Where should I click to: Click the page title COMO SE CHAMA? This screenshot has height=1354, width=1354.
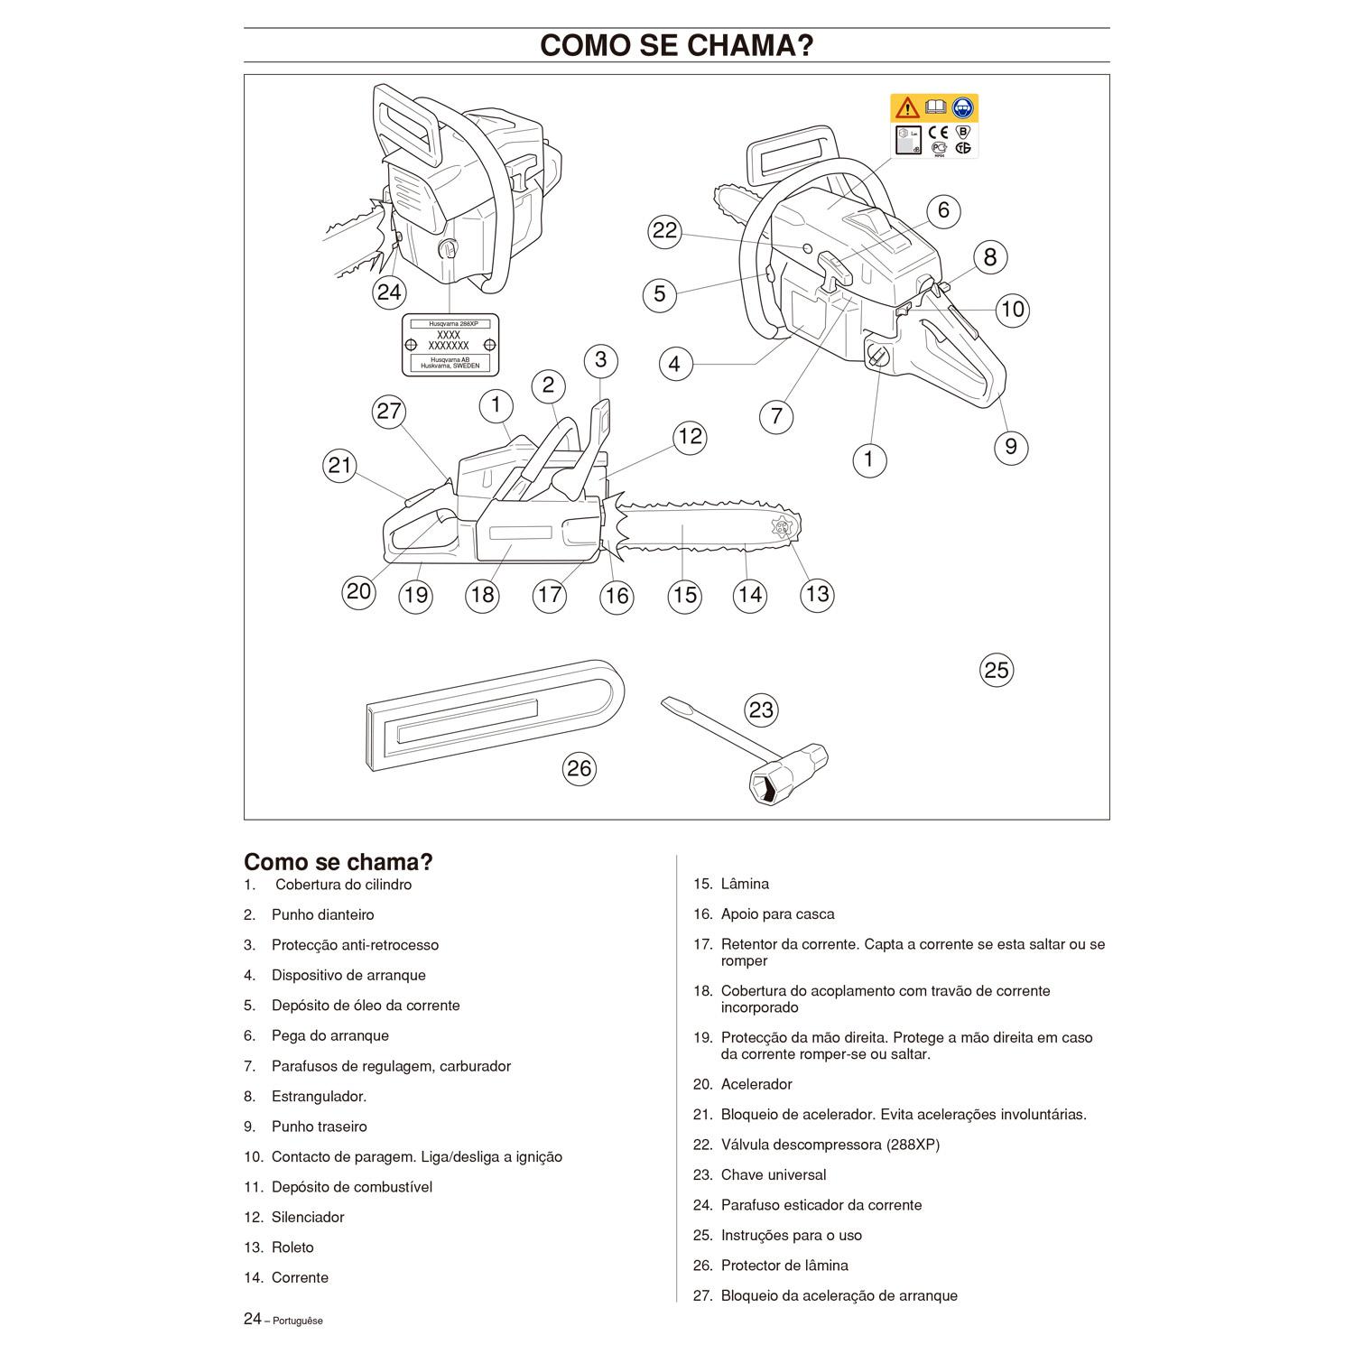pos(676,45)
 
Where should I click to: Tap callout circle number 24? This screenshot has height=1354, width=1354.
pos(389,292)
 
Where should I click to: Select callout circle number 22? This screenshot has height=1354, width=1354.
pos(664,231)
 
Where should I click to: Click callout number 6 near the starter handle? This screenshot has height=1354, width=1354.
pos(943,210)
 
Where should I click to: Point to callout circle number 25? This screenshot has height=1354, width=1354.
pos(996,670)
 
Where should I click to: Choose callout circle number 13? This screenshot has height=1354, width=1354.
pos(817,594)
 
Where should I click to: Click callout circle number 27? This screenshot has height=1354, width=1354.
pos(389,412)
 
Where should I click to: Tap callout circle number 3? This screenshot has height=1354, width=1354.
pos(600,360)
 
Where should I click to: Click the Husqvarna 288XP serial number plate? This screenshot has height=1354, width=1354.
pos(450,345)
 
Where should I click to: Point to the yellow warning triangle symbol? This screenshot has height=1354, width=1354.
pos(906,108)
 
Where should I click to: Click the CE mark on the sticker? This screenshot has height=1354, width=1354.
pos(937,132)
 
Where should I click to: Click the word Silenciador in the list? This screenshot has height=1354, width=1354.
pos(308,1217)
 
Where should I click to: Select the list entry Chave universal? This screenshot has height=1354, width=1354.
pos(773,1174)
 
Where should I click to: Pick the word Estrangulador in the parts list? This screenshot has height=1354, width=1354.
pos(319,1097)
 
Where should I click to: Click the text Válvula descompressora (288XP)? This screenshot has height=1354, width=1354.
pos(830,1145)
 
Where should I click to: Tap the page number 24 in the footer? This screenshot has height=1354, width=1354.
pos(253,1319)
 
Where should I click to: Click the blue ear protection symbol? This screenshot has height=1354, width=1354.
pos(963,108)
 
